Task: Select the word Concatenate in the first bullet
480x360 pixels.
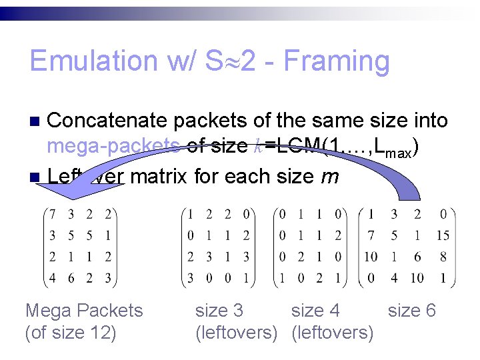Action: [x=107, y=121]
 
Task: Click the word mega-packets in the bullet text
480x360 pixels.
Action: [x=112, y=146]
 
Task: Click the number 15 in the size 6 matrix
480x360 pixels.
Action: [x=443, y=235]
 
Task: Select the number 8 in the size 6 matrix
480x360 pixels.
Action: [x=444, y=256]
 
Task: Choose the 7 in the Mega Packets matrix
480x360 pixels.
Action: [x=53, y=215]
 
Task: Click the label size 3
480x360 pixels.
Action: [x=219, y=311]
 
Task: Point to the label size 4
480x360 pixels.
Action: [x=315, y=311]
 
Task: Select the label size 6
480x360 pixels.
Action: [x=412, y=311]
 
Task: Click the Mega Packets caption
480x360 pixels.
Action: [x=84, y=311]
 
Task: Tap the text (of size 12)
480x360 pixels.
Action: [x=70, y=332]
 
